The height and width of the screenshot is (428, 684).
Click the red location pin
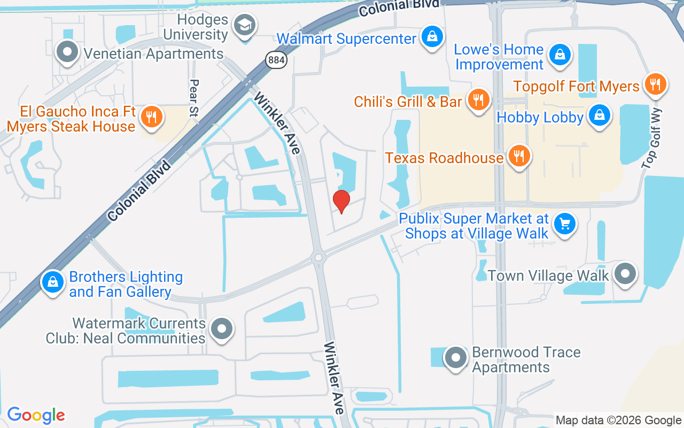point(341,201)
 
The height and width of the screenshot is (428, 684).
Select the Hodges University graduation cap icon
point(245,25)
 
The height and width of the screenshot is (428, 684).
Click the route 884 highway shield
point(277,59)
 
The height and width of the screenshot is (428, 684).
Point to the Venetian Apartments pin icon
point(67,52)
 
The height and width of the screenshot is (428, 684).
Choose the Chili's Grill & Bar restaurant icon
point(478,100)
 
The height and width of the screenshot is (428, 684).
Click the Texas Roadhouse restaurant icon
point(518,156)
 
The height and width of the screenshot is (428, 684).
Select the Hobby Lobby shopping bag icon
point(600,115)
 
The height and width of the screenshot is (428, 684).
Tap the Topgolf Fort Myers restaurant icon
point(655,84)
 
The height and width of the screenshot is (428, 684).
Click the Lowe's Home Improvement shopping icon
point(559,55)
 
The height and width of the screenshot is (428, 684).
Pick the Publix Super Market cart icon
point(565,224)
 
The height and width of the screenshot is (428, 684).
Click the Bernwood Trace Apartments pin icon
point(456,357)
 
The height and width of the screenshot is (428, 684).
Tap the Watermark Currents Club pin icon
point(222,328)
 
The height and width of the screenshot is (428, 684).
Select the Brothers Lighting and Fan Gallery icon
point(53,281)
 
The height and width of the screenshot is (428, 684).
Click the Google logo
point(36,415)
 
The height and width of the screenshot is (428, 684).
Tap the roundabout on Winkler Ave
point(320,258)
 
